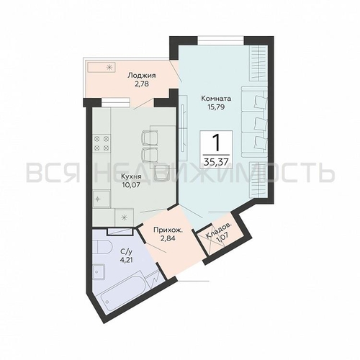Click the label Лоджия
coord(142,76)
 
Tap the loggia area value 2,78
coord(141,84)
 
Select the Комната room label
coord(216,98)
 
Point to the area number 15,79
coord(216,107)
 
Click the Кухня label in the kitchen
coord(131,176)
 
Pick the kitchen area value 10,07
coord(131,185)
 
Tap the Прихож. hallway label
coord(168,230)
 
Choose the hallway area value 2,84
coord(168,239)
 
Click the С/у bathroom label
coord(126,252)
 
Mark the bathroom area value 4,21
coord(126,260)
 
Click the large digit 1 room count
coord(216,143)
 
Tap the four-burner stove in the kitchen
coord(102,143)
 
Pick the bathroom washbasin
coord(99,272)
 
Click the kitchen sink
coord(102,199)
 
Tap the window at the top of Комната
coord(220,40)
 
